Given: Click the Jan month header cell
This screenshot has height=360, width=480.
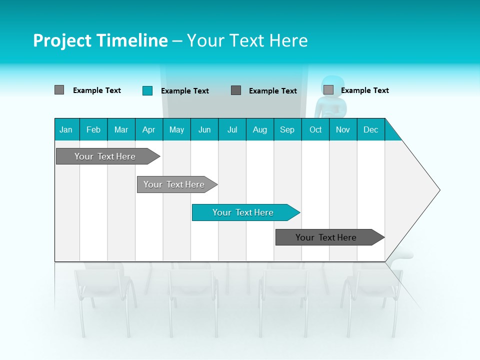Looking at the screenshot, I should pyautogui.click(x=66, y=129).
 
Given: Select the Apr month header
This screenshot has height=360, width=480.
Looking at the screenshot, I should pyautogui.click(x=148, y=129).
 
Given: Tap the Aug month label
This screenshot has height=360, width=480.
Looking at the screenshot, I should pyautogui.click(x=259, y=129).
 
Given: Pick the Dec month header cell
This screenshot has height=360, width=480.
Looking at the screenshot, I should pyautogui.click(x=370, y=129).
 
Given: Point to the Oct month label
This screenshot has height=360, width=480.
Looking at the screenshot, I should pyautogui.click(x=315, y=129).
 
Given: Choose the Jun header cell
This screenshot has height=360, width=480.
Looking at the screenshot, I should pyautogui.click(x=204, y=129).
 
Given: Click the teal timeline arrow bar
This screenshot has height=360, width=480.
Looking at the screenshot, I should pyautogui.click(x=245, y=212).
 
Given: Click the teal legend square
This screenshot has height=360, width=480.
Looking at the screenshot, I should pyautogui.click(x=147, y=90).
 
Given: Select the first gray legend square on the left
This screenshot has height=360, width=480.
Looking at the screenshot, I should pyautogui.click(x=59, y=90).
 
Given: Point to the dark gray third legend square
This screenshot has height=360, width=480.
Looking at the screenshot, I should pyautogui.click(x=236, y=90).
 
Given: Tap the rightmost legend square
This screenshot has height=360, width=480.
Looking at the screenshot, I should pyautogui.click(x=328, y=90).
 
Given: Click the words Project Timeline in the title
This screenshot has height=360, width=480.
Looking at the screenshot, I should pyautogui.click(x=100, y=40).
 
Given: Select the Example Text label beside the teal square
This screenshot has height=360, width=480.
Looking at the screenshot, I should pyautogui.click(x=184, y=91).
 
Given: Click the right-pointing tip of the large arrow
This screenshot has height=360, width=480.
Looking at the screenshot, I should pyautogui.click(x=437, y=189).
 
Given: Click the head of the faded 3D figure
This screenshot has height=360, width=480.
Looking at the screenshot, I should pyautogui.click(x=332, y=85).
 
